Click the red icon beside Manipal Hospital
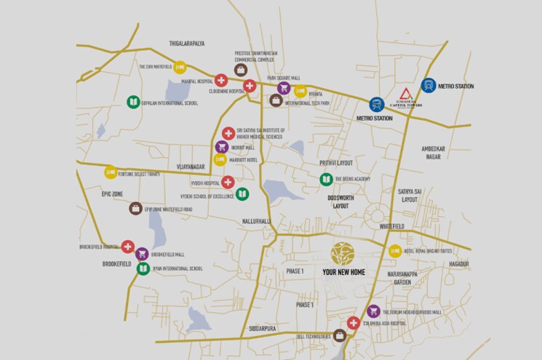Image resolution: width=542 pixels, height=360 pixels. (221, 80)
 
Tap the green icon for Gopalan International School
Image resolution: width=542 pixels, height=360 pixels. (132, 103)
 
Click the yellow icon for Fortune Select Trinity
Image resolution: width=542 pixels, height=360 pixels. (111, 172)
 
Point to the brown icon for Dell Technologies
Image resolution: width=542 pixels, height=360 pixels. (339, 335)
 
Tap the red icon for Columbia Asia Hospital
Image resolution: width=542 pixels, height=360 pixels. (353, 323)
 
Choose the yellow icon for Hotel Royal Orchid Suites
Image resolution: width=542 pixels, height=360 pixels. (394, 251)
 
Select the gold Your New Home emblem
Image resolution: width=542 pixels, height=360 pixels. (343, 252)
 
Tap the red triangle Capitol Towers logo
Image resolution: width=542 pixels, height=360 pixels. (406, 94)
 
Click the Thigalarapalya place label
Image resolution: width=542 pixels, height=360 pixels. (187, 44)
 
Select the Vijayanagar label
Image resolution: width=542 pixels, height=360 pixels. (191, 167)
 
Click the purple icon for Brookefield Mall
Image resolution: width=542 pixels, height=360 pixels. (142, 254)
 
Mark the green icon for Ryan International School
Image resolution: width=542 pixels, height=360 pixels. (143, 268)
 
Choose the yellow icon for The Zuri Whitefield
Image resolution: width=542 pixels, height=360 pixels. (179, 67)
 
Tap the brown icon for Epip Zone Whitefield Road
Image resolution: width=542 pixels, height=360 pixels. (135, 208)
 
